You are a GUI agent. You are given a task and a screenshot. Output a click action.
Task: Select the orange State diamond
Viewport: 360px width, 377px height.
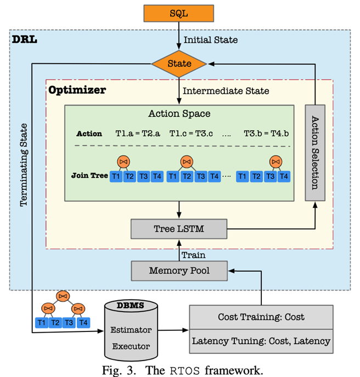[179, 64]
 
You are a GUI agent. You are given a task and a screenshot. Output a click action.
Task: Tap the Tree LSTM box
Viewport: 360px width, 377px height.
[179, 229]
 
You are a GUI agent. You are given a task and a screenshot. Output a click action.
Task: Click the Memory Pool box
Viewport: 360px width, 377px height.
[179, 271]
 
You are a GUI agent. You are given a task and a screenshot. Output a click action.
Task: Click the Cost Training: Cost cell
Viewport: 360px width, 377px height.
[261, 317]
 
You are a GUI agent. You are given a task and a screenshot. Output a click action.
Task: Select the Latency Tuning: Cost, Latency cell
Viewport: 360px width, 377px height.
[261, 341]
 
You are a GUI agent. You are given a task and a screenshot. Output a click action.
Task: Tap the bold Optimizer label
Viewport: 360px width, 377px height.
[77, 89]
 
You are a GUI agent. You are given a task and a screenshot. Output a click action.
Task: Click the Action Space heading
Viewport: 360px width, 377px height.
[179, 114]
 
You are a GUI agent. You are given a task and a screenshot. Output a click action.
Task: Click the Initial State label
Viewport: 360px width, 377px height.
[210, 40]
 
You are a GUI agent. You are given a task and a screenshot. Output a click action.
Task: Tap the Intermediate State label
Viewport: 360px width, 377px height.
[226, 91]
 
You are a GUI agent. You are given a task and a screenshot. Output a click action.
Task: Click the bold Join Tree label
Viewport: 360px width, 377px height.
[89, 176]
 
